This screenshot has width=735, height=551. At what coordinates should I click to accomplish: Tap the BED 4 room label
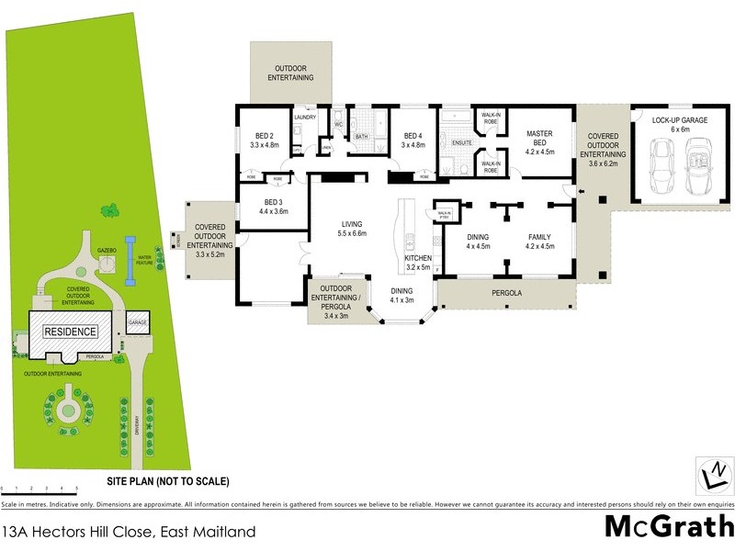point(413,140)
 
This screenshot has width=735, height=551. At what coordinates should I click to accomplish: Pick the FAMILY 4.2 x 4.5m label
point(539,242)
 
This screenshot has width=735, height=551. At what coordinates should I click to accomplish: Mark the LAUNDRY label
point(305,118)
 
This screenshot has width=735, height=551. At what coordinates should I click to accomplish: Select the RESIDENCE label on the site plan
point(72,331)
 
